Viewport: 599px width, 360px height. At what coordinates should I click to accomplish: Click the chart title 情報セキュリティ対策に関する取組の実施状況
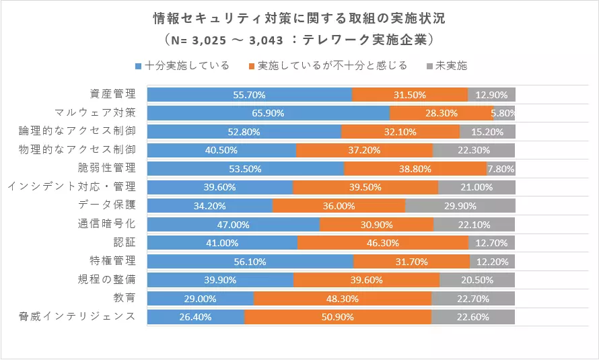[299, 18]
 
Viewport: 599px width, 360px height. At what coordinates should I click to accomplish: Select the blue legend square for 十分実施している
[138, 67]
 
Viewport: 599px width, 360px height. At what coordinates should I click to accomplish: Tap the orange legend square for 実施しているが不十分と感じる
[251, 67]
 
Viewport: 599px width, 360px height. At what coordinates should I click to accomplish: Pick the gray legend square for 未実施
[429, 67]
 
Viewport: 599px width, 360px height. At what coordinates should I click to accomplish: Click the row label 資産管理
[112, 94]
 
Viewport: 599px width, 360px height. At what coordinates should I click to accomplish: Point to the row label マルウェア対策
[95, 112]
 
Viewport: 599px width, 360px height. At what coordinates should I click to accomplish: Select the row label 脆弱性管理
[106, 168]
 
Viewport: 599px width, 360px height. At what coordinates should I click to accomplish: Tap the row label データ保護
[107, 205]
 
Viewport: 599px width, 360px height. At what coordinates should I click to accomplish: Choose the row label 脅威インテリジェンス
[77, 316]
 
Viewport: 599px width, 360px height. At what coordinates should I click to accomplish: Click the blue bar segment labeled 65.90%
[269, 113]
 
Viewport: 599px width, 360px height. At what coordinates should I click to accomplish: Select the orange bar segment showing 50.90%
[338, 317]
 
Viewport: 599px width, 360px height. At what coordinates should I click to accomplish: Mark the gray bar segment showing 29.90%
[460, 206]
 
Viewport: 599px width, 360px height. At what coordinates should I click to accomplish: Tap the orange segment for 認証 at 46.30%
[383, 243]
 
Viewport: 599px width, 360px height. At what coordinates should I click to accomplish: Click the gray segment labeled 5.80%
[504, 113]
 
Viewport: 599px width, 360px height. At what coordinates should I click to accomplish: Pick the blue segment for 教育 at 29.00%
[201, 299]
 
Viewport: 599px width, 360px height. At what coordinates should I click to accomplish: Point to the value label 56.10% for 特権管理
[250, 262]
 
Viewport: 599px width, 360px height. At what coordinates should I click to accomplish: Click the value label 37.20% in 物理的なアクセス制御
[364, 151]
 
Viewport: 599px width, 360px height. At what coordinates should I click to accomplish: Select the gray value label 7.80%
[501, 169]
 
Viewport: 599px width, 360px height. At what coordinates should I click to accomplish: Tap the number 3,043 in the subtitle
[267, 40]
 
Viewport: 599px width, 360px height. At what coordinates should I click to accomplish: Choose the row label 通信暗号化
[106, 223]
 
